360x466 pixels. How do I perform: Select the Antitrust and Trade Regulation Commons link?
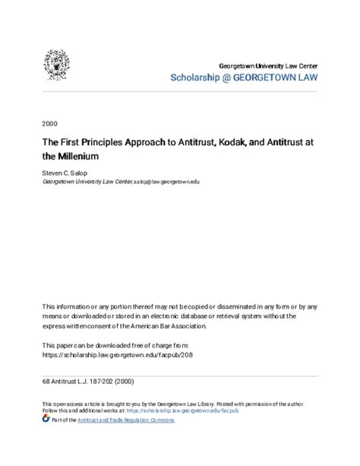(x=130, y=419)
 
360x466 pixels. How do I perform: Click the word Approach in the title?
(x=156, y=142)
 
